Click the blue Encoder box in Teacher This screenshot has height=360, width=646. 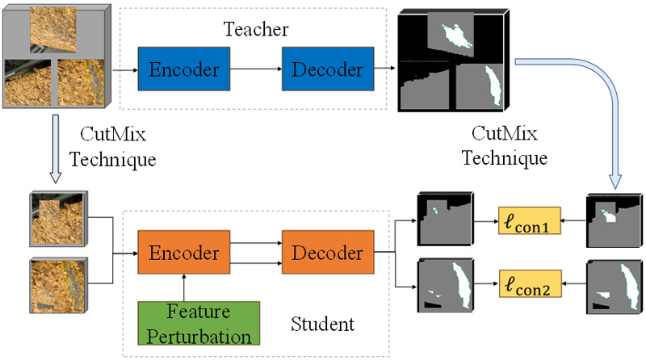pos(184,69)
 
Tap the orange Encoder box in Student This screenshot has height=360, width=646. pos(184,252)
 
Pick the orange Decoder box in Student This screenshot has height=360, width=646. pos(328,252)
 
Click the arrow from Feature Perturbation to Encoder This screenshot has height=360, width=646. pos(184,286)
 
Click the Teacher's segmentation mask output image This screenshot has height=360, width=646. pos(454,58)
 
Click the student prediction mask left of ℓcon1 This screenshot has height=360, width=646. pos(442,218)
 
